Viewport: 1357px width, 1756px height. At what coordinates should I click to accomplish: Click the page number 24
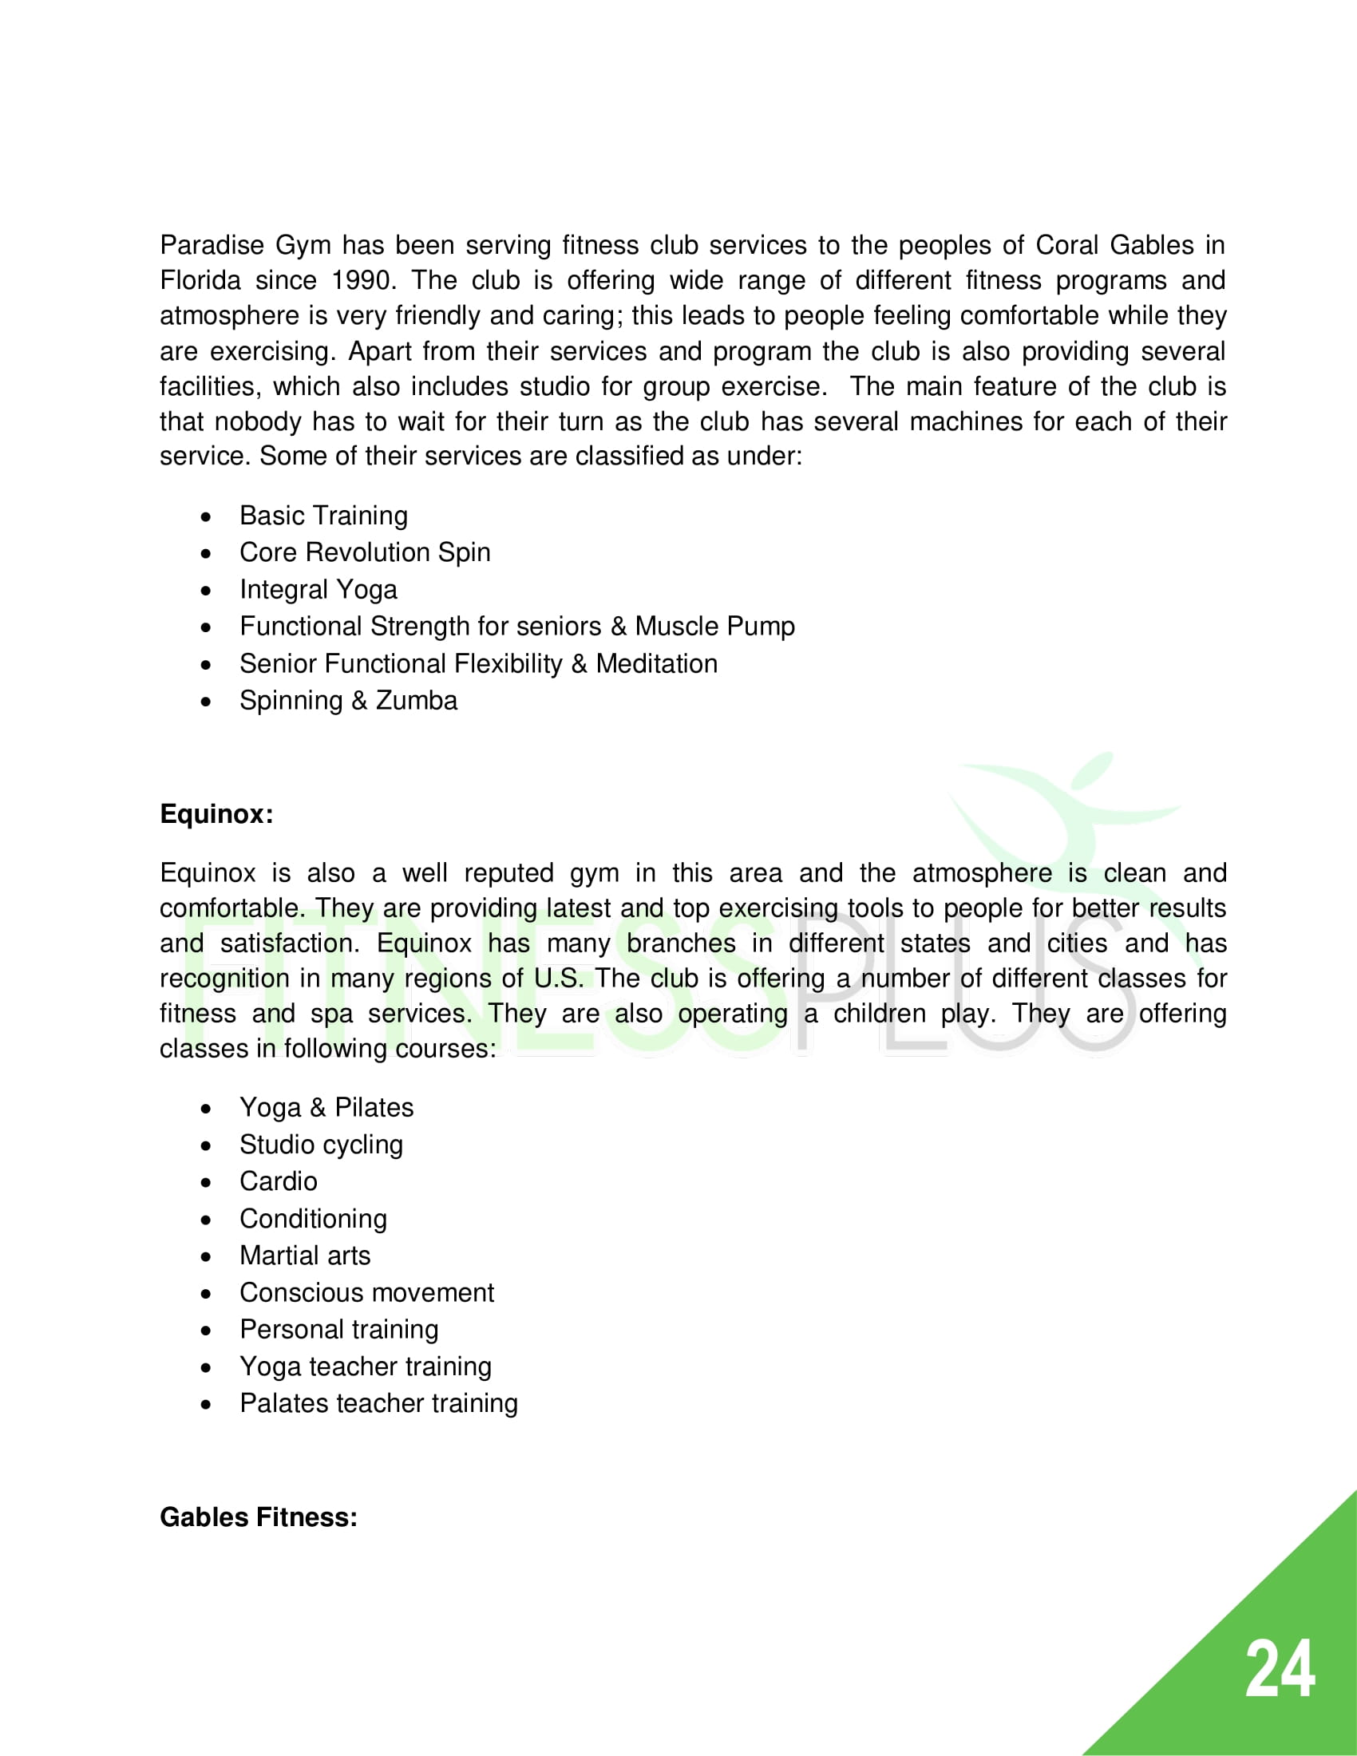click(x=1279, y=1670)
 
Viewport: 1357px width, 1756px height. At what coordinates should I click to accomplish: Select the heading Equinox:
click(x=216, y=813)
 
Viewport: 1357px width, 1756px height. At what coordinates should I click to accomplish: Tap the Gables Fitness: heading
click(x=258, y=1517)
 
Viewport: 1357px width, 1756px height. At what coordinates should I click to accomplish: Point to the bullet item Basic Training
click(x=323, y=516)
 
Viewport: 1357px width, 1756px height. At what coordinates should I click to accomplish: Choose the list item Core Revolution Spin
click(x=364, y=552)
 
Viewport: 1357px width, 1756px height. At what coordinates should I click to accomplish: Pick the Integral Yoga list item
click(x=318, y=589)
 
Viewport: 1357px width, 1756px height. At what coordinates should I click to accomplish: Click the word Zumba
click(x=417, y=700)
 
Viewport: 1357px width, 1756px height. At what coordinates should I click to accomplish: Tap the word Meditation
click(x=656, y=663)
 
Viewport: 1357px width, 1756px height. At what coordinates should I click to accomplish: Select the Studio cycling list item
click(x=321, y=1144)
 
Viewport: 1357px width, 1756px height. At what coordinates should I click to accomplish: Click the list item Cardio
click(x=278, y=1181)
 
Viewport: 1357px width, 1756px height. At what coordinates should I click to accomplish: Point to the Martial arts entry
click(x=305, y=1255)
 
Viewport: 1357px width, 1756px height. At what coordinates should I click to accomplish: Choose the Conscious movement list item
click(x=366, y=1292)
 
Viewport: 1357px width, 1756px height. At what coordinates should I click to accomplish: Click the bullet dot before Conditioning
click(x=207, y=1220)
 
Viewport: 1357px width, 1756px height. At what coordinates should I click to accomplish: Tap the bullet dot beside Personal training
click(x=207, y=1331)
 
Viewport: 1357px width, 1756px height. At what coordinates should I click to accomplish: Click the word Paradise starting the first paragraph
click(x=212, y=245)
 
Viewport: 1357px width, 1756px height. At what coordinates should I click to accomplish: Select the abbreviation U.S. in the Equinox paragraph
click(x=559, y=979)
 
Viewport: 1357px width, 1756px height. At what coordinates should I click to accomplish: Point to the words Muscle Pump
click(x=714, y=627)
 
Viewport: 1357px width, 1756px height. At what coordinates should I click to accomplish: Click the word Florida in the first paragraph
click(x=200, y=281)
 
